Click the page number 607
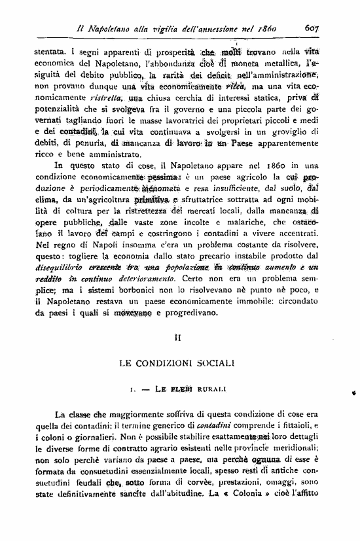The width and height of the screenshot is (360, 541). (312, 28)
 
